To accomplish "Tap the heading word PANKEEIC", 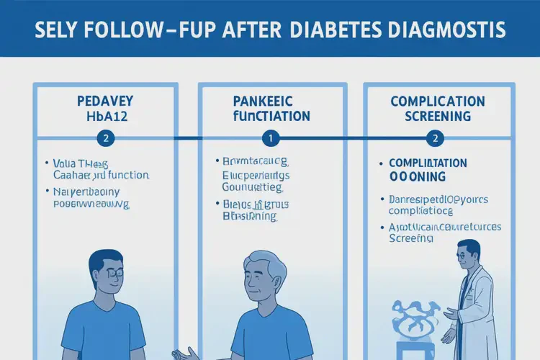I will (271, 102).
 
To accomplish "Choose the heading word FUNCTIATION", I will (271, 117).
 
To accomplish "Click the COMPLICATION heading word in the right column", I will (438, 102).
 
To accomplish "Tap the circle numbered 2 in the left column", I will (106, 137).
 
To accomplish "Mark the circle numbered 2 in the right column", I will (435, 137).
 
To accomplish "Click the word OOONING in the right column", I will (418, 176).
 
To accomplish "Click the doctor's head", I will (469, 255).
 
